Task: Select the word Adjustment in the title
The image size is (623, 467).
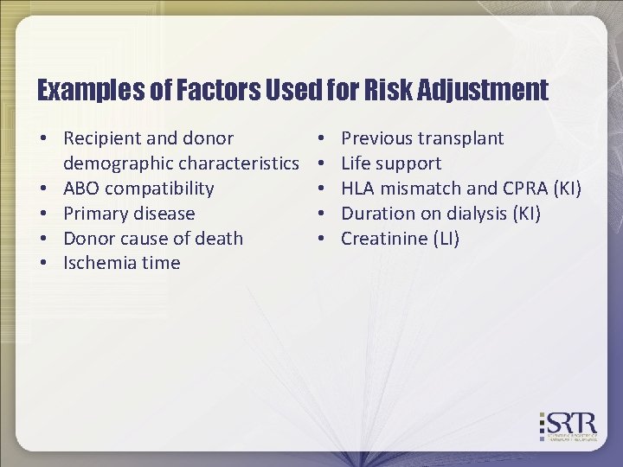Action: (485, 90)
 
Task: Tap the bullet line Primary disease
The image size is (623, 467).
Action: (129, 214)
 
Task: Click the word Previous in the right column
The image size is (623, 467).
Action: (377, 138)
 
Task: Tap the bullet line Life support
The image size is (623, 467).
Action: (391, 163)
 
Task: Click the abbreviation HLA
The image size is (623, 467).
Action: (359, 189)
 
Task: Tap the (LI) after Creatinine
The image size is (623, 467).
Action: (443, 239)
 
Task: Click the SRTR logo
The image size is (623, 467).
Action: (569, 425)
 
